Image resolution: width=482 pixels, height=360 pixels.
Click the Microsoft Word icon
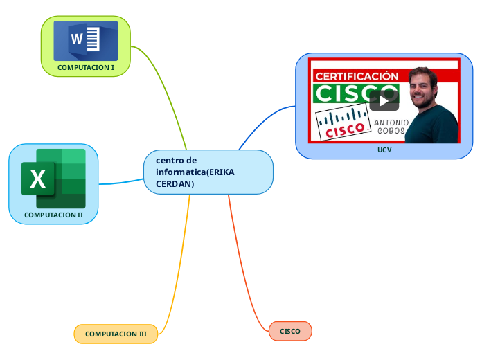tap(86, 40)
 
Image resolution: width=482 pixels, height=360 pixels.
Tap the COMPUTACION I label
tap(86, 68)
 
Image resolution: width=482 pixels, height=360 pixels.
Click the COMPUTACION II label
tap(53, 215)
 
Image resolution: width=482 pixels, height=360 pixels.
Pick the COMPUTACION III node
tap(116, 334)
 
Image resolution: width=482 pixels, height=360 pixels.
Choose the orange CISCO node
tap(290, 332)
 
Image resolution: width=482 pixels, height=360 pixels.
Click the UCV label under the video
tap(384, 150)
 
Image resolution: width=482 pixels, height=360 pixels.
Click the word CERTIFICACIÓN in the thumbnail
tap(357, 76)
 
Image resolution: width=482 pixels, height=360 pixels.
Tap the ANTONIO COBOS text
tap(391, 127)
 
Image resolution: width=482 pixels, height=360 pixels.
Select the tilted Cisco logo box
tap(342, 123)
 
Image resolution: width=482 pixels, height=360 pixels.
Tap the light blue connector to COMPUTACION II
tap(121, 183)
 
